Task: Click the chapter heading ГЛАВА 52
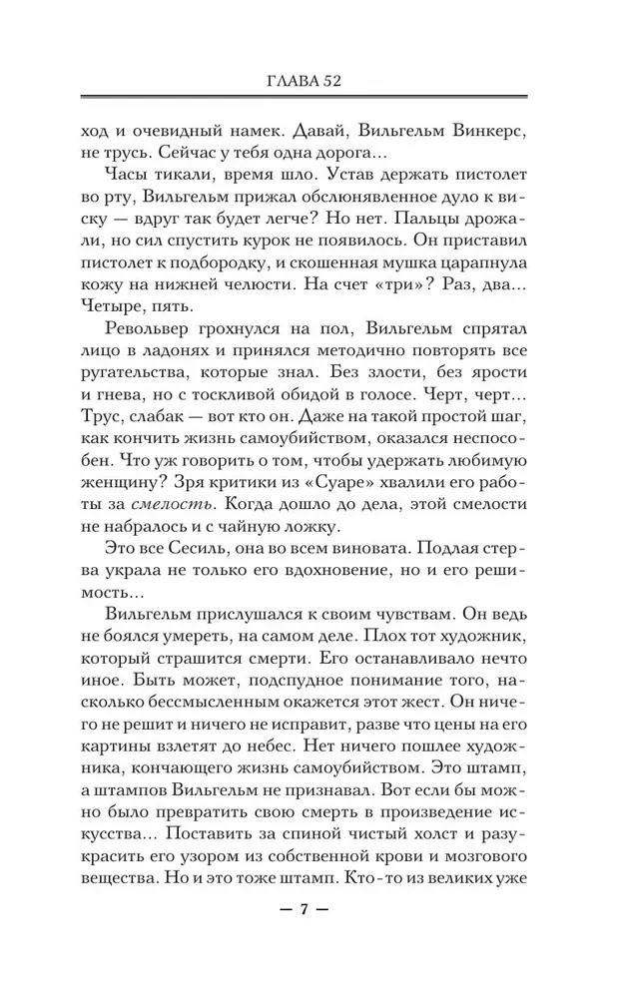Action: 309,81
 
